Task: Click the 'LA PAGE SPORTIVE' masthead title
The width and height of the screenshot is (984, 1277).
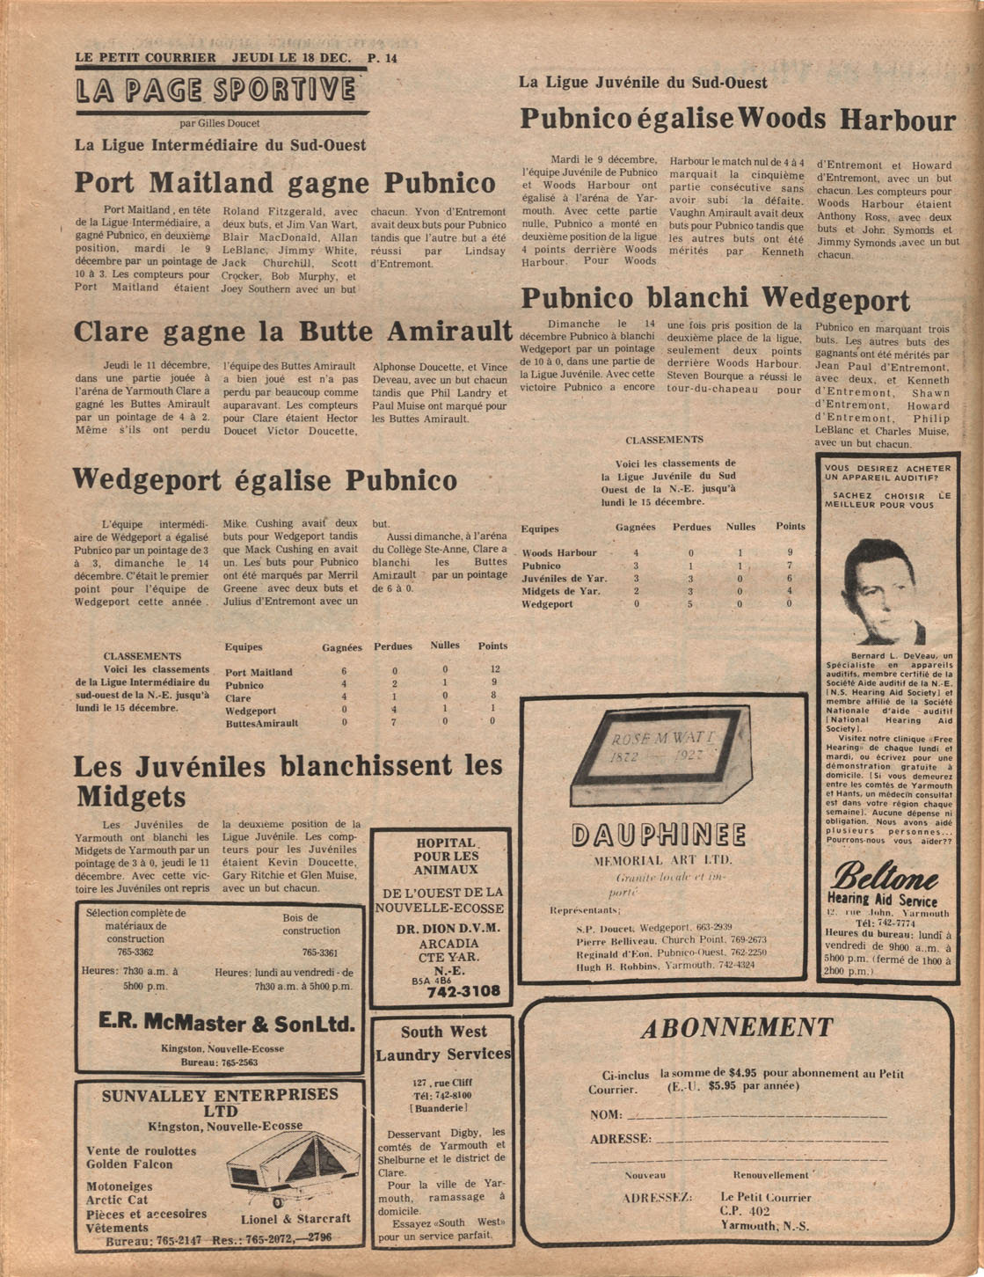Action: pyautogui.click(x=216, y=91)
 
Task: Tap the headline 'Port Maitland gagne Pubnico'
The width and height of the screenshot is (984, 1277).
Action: pyautogui.click(x=285, y=183)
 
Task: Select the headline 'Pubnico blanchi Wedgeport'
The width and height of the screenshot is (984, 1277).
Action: pyautogui.click(x=715, y=299)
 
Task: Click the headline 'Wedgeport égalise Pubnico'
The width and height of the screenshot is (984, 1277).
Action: pyautogui.click(x=265, y=480)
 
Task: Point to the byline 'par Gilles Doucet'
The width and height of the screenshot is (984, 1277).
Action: pyautogui.click(x=219, y=124)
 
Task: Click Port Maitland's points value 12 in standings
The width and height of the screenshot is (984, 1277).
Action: pyautogui.click(x=495, y=669)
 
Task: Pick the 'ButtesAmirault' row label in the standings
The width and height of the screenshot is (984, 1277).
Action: pyautogui.click(x=261, y=723)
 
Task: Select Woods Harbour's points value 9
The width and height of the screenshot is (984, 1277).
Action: pyautogui.click(x=790, y=552)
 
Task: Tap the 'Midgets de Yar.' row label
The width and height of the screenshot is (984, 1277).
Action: pyautogui.click(x=561, y=591)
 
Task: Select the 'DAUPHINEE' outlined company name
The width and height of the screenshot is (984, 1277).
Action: pyautogui.click(x=659, y=836)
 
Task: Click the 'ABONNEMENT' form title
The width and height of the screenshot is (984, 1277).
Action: pyautogui.click(x=736, y=1028)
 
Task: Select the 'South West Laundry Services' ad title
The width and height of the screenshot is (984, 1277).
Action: pyautogui.click(x=443, y=1043)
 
